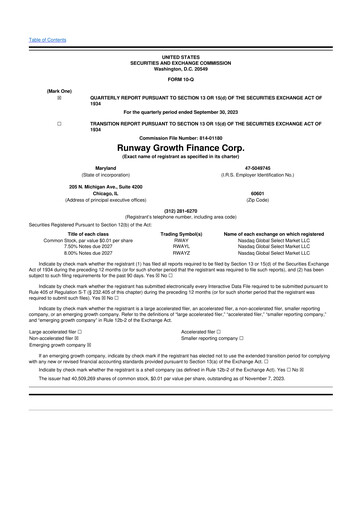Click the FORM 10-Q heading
(x=180, y=50)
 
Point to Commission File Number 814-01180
(x=180, y=138)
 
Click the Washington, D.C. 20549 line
(x=180, y=37)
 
